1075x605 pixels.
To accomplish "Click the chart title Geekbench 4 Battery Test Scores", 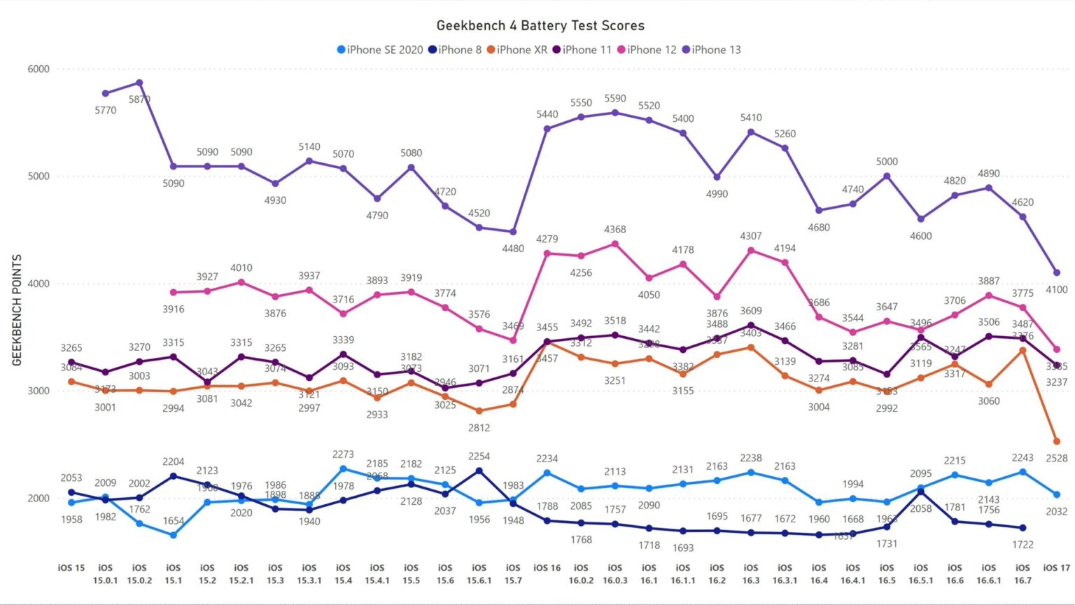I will pyautogui.click(x=540, y=26).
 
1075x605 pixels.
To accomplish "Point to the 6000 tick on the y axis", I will pyautogui.click(x=38, y=69).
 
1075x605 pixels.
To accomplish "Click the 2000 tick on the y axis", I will pyautogui.click(x=38, y=498).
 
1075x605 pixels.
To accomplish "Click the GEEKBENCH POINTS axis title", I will pyautogui.click(x=17, y=310).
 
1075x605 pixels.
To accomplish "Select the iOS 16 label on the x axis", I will pyautogui.click(x=547, y=568).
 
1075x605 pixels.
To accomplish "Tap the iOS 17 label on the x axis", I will pyautogui.click(x=1056, y=568).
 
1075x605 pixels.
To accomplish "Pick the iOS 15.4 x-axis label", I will pyautogui.click(x=343, y=573).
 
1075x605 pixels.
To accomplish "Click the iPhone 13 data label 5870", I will pyautogui.click(x=139, y=99).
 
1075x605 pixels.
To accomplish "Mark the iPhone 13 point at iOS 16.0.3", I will pyautogui.click(x=615, y=113).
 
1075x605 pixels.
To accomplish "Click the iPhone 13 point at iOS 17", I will pyautogui.click(x=1057, y=273).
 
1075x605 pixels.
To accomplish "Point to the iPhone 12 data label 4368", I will pyautogui.click(x=615, y=230).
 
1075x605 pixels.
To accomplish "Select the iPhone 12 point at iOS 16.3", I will pyautogui.click(x=751, y=251).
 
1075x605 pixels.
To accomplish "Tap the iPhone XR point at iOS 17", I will pyautogui.click(x=1057, y=442).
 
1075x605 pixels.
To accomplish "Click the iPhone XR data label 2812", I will pyautogui.click(x=479, y=428).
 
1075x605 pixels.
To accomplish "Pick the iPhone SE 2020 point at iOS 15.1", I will pyautogui.click(x=174, y=535).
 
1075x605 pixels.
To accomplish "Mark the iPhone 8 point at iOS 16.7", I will pyautogui.click(x=1023, y=528).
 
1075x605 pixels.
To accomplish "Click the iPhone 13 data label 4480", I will pyautogui.click(x=513, y=249).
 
